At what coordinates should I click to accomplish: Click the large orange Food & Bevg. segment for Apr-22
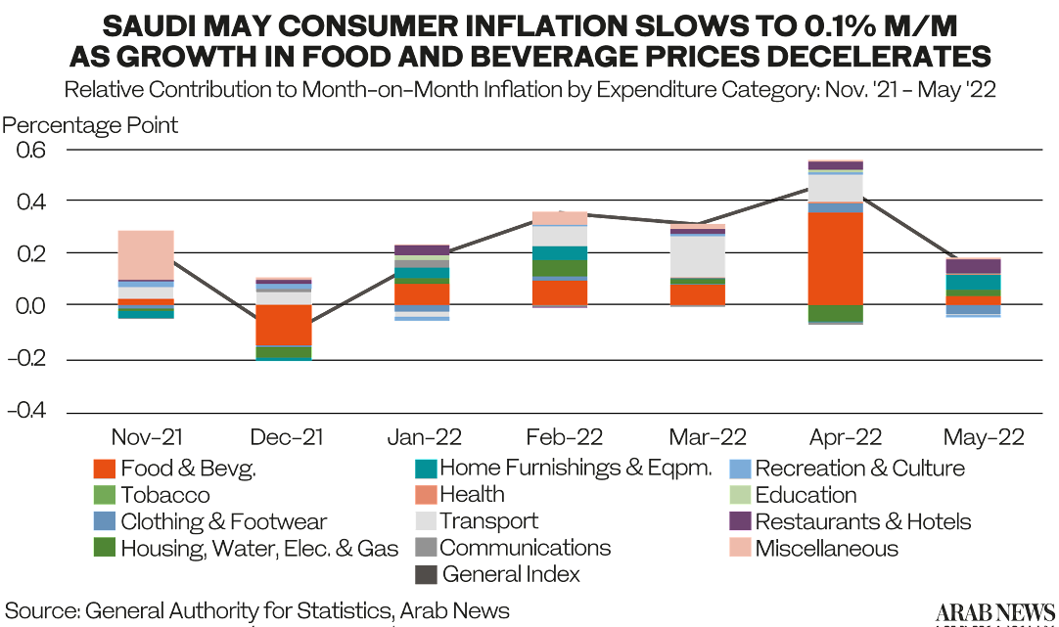[835, 258]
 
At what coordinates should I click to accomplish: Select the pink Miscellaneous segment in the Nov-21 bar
[146, 254]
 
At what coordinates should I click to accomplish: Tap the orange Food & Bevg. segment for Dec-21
[284, 325]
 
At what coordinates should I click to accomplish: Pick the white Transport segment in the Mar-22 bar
[697, 256]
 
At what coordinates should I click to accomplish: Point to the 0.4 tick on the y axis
[28, 202]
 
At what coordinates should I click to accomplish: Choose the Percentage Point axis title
[91, 126]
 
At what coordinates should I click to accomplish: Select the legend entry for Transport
[488, 521]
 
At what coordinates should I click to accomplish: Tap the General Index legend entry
[510, 574]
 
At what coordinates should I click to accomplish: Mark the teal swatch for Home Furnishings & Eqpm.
[424, 469]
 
